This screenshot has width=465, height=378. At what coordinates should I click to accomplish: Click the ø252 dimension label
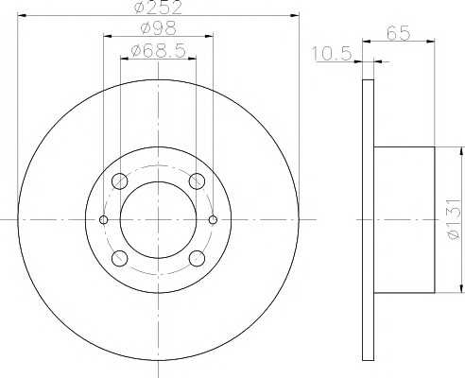point(158,7)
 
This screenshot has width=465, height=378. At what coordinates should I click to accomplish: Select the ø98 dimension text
point(159,28)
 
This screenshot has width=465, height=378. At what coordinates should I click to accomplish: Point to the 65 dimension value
point(399,33)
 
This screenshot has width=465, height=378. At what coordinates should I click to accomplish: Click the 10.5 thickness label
point(332,54)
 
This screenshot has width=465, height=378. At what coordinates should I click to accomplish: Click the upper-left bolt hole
point(119,181)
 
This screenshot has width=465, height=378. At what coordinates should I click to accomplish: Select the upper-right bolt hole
point(197,181)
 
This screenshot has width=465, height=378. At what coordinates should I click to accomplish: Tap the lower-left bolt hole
point(119,258)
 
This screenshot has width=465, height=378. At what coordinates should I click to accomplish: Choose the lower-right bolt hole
point(197,258)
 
